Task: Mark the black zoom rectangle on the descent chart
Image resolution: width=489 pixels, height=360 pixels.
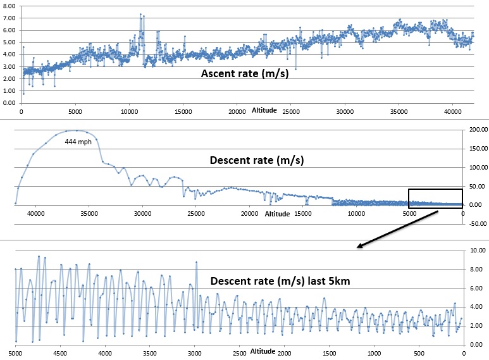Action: tap(435, 198)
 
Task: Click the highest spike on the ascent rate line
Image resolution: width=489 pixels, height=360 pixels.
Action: tap(140, 14)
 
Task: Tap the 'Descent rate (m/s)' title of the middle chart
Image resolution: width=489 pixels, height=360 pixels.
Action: tap(257, 161)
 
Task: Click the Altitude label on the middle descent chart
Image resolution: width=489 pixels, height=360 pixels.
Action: tap(277, 214)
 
